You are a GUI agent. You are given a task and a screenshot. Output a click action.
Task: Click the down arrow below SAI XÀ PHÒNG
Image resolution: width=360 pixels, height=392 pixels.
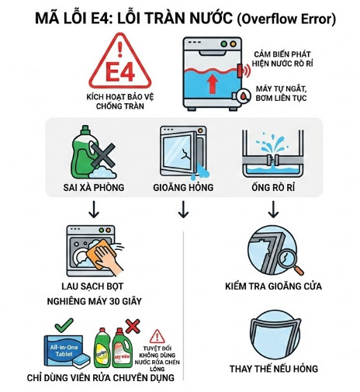[x=95, y=209]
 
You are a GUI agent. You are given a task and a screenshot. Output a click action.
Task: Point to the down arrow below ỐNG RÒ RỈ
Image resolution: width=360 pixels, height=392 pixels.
[x=273, y=209]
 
